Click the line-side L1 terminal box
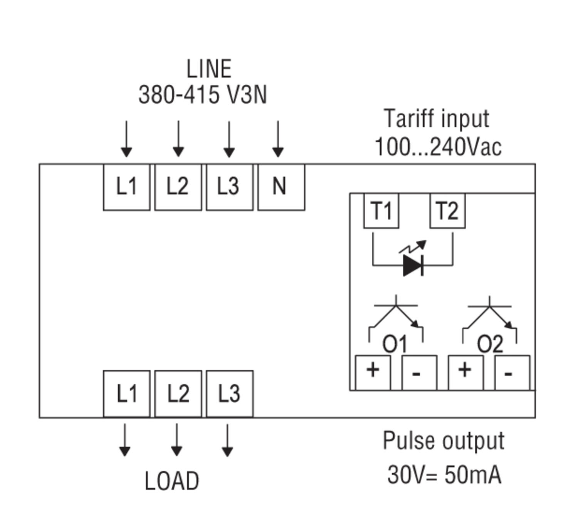[x=126, y=187]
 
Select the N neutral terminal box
[x=281, y=187]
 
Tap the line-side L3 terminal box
[x=229, y=187]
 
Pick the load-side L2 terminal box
[x=178, y=393]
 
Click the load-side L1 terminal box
[x=126, y=393]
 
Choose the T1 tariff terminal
[x=381, y=211]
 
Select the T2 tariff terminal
[x=447, y=211]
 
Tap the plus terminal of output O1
[x=373, y=372]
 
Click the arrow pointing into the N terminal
[x=278, y=139]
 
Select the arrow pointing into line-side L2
[x=178, y=139]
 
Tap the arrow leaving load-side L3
[x=227, y=440]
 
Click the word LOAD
[x=172, y=481]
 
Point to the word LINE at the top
[x=209, y=69]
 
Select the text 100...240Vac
[x=438, y=147]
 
